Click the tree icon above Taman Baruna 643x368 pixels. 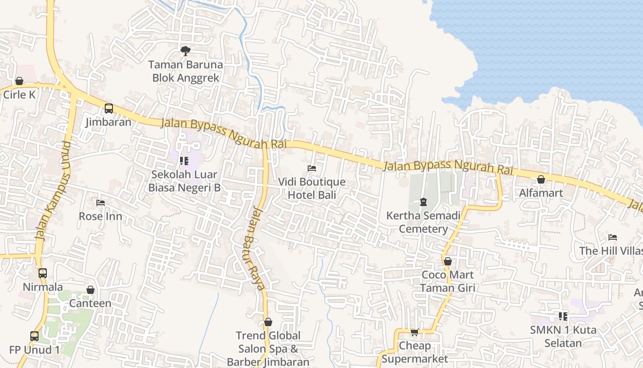pos(185,51)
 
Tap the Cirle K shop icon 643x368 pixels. pos(19,81)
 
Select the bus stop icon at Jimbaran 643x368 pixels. pos(109,109)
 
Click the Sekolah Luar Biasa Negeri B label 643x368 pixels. pos(184,181)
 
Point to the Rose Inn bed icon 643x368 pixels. pos(101,202)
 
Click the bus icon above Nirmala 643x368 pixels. pos(43,273)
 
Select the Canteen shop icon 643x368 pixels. pos(90,290)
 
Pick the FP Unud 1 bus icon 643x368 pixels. pos(34,336)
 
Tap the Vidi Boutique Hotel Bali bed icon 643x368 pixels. pos(312,168)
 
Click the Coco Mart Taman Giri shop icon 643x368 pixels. pos(448,261)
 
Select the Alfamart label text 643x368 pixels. pos(541,193)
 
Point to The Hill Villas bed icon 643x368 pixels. pos(612,237)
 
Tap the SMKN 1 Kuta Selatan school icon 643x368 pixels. pos(563,316)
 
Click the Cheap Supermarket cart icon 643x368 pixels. pos(414,332)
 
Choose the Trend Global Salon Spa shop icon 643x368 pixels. pos(268,322)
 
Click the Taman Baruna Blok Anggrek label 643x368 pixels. pos(186,71)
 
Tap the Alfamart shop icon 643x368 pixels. pos(541,179)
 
